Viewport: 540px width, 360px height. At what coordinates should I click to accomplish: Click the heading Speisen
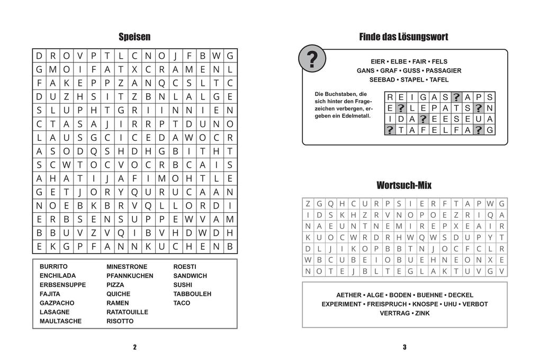(134, 37)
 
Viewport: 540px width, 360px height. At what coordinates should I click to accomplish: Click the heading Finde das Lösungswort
(403, 37)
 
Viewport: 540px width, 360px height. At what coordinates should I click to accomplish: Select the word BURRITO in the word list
(53, 267)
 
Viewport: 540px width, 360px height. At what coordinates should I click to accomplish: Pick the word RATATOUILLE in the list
(128, 312)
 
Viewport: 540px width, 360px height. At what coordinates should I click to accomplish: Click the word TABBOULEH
(192, 294)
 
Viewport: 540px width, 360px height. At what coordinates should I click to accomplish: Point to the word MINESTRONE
(127, 267)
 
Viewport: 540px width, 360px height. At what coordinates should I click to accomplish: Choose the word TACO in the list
(182, 303)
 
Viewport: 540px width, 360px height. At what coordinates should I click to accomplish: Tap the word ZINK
(422, 313)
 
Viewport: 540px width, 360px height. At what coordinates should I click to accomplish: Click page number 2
(134, 347)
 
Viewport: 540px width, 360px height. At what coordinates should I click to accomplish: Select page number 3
(404, 347)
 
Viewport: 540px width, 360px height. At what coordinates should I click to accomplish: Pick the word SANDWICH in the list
(190, 276)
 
